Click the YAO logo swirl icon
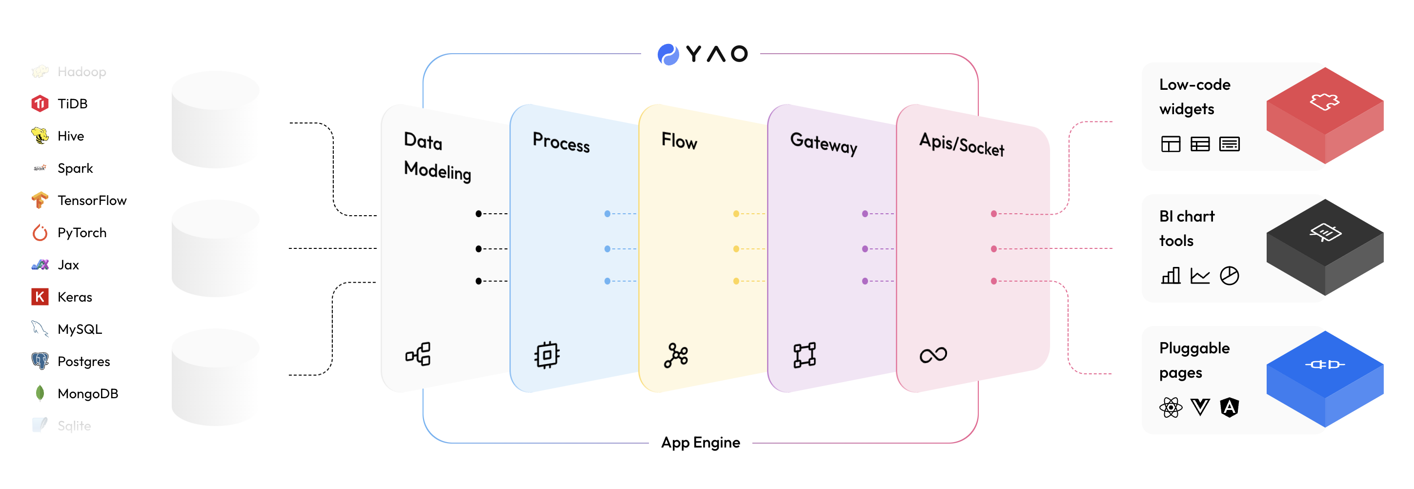(668, 54)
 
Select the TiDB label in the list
(72, 104)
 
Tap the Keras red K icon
(40, 297)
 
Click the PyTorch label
(82, 233)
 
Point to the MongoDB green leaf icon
(40, 393)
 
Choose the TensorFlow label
(92, 200)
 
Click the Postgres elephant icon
(40, 361)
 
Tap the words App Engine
(701, 442)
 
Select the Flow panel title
(679, 141)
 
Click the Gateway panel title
(824, 144)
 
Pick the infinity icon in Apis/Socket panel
(933, 355)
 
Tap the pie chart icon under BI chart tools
(1229, 276)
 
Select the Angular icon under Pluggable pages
(1229, 407)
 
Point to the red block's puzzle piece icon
(1325, 102)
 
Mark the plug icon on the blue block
(1325, 365)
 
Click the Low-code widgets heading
(1194, 97)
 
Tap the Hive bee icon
(40, 136)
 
